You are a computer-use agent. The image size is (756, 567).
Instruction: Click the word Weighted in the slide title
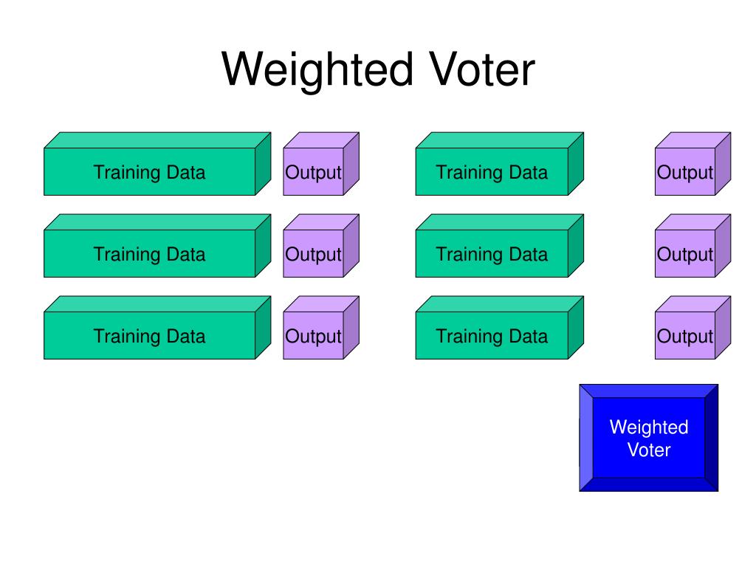click(317, 71)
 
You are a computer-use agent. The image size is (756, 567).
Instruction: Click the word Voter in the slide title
click(481, 69)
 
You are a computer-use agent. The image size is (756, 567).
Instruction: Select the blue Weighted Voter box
click(648, 438)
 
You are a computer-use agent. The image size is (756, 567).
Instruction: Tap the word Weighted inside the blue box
click(648, 427)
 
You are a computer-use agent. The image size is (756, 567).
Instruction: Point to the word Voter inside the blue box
click(648, 450)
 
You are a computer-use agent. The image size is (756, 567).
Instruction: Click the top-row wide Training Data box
click(157, 164)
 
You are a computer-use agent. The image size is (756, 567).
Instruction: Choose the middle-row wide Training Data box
click(157, 246)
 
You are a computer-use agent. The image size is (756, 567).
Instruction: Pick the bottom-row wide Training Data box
click(157, 328)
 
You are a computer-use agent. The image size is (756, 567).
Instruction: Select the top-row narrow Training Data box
click(500, 164)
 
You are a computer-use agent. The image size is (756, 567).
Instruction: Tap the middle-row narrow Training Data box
click(500, 246)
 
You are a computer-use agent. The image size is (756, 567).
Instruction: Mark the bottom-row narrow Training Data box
click(500, 328)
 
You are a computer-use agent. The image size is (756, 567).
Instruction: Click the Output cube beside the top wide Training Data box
click(321, 164)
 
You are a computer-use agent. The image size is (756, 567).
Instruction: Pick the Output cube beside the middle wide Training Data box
click(321, 246)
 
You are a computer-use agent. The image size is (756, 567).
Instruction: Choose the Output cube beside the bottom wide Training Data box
click(321, 328)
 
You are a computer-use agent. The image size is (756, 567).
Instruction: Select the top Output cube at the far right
click(693, 164)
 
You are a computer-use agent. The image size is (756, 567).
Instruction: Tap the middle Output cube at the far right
click(693, 246)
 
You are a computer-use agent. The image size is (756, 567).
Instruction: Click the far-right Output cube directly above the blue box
click(693, 328)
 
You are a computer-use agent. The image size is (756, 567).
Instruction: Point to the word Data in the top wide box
click(185, 172)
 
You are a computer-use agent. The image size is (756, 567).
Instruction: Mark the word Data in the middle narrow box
click(529, 254)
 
